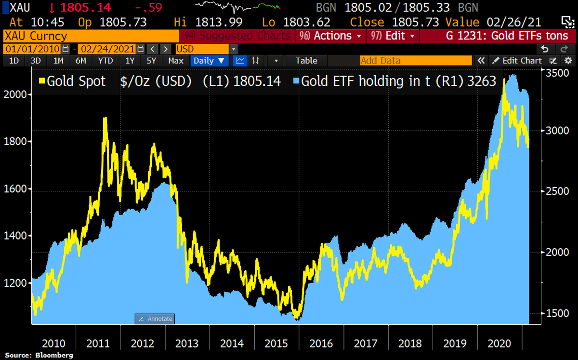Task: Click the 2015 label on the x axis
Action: pyautogui.click(x=277, y=344)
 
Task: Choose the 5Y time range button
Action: pyautogui.click(x=152, y=61)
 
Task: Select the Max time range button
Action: pyautogui.click(x=176, y=61)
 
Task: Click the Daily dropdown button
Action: pyautogui.click(x=210, y=61)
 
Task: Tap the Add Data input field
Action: pyautogui.click(x=416, y=61)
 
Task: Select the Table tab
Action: pyautogui.click(x=306, y=61)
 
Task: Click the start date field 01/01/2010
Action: pyautogui.click(x=32, y=49)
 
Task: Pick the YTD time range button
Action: pyautogui.click(x=105, y=61)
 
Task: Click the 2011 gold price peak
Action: pyautogui.click(x=105, y=118)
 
